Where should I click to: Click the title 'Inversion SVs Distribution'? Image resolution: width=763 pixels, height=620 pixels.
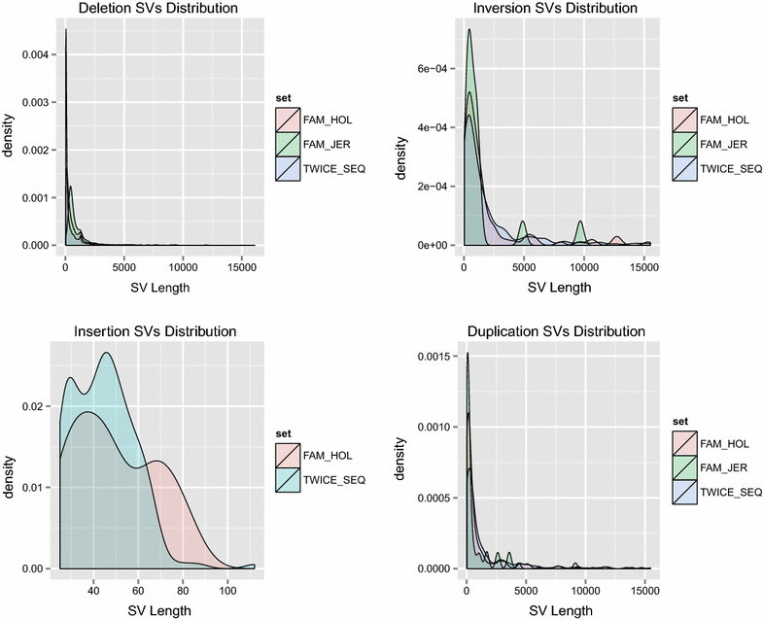[556, 9]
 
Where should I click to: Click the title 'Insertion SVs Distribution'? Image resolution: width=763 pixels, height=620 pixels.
[156, 331]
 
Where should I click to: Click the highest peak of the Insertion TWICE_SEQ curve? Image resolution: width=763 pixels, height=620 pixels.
[105, 353]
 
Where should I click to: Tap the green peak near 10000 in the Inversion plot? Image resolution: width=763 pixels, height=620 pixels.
[581, 223]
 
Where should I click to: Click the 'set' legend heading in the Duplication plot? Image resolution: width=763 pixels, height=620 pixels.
[678, 420]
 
